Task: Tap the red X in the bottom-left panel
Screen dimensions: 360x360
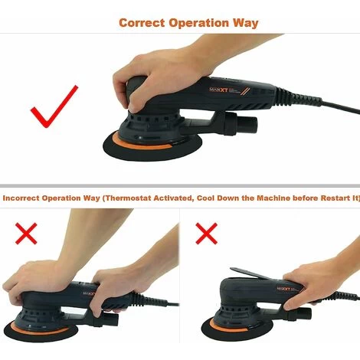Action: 26,234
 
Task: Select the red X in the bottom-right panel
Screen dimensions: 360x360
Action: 207,234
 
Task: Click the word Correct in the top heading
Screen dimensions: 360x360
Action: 142,23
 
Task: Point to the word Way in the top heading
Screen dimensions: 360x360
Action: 245,24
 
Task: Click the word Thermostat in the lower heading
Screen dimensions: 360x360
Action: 129,198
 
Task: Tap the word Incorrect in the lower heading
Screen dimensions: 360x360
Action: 21,198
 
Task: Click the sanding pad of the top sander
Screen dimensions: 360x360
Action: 152,147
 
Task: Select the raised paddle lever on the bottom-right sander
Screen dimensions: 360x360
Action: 255,274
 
